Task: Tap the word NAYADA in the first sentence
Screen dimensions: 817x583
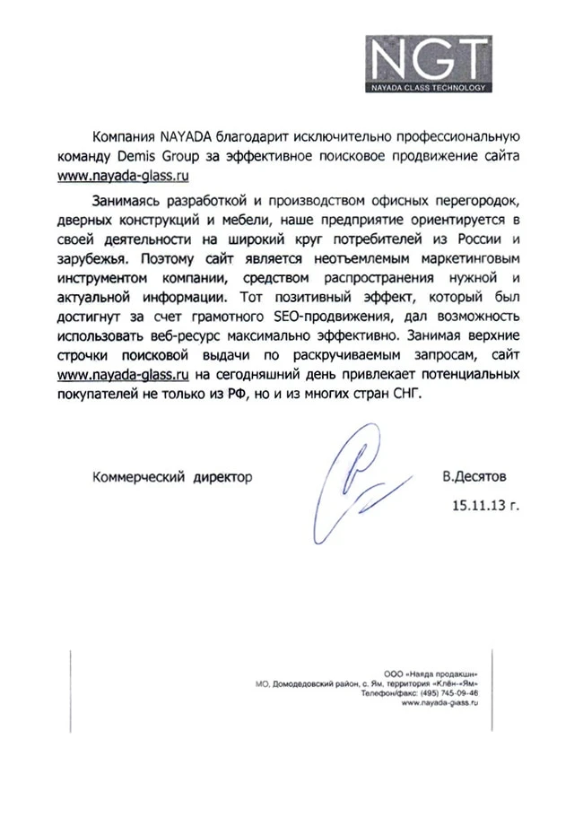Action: click(185, 136)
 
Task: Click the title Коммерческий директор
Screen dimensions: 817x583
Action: click(172, 476)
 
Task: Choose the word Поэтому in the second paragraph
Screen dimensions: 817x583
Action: click(172, 257)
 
